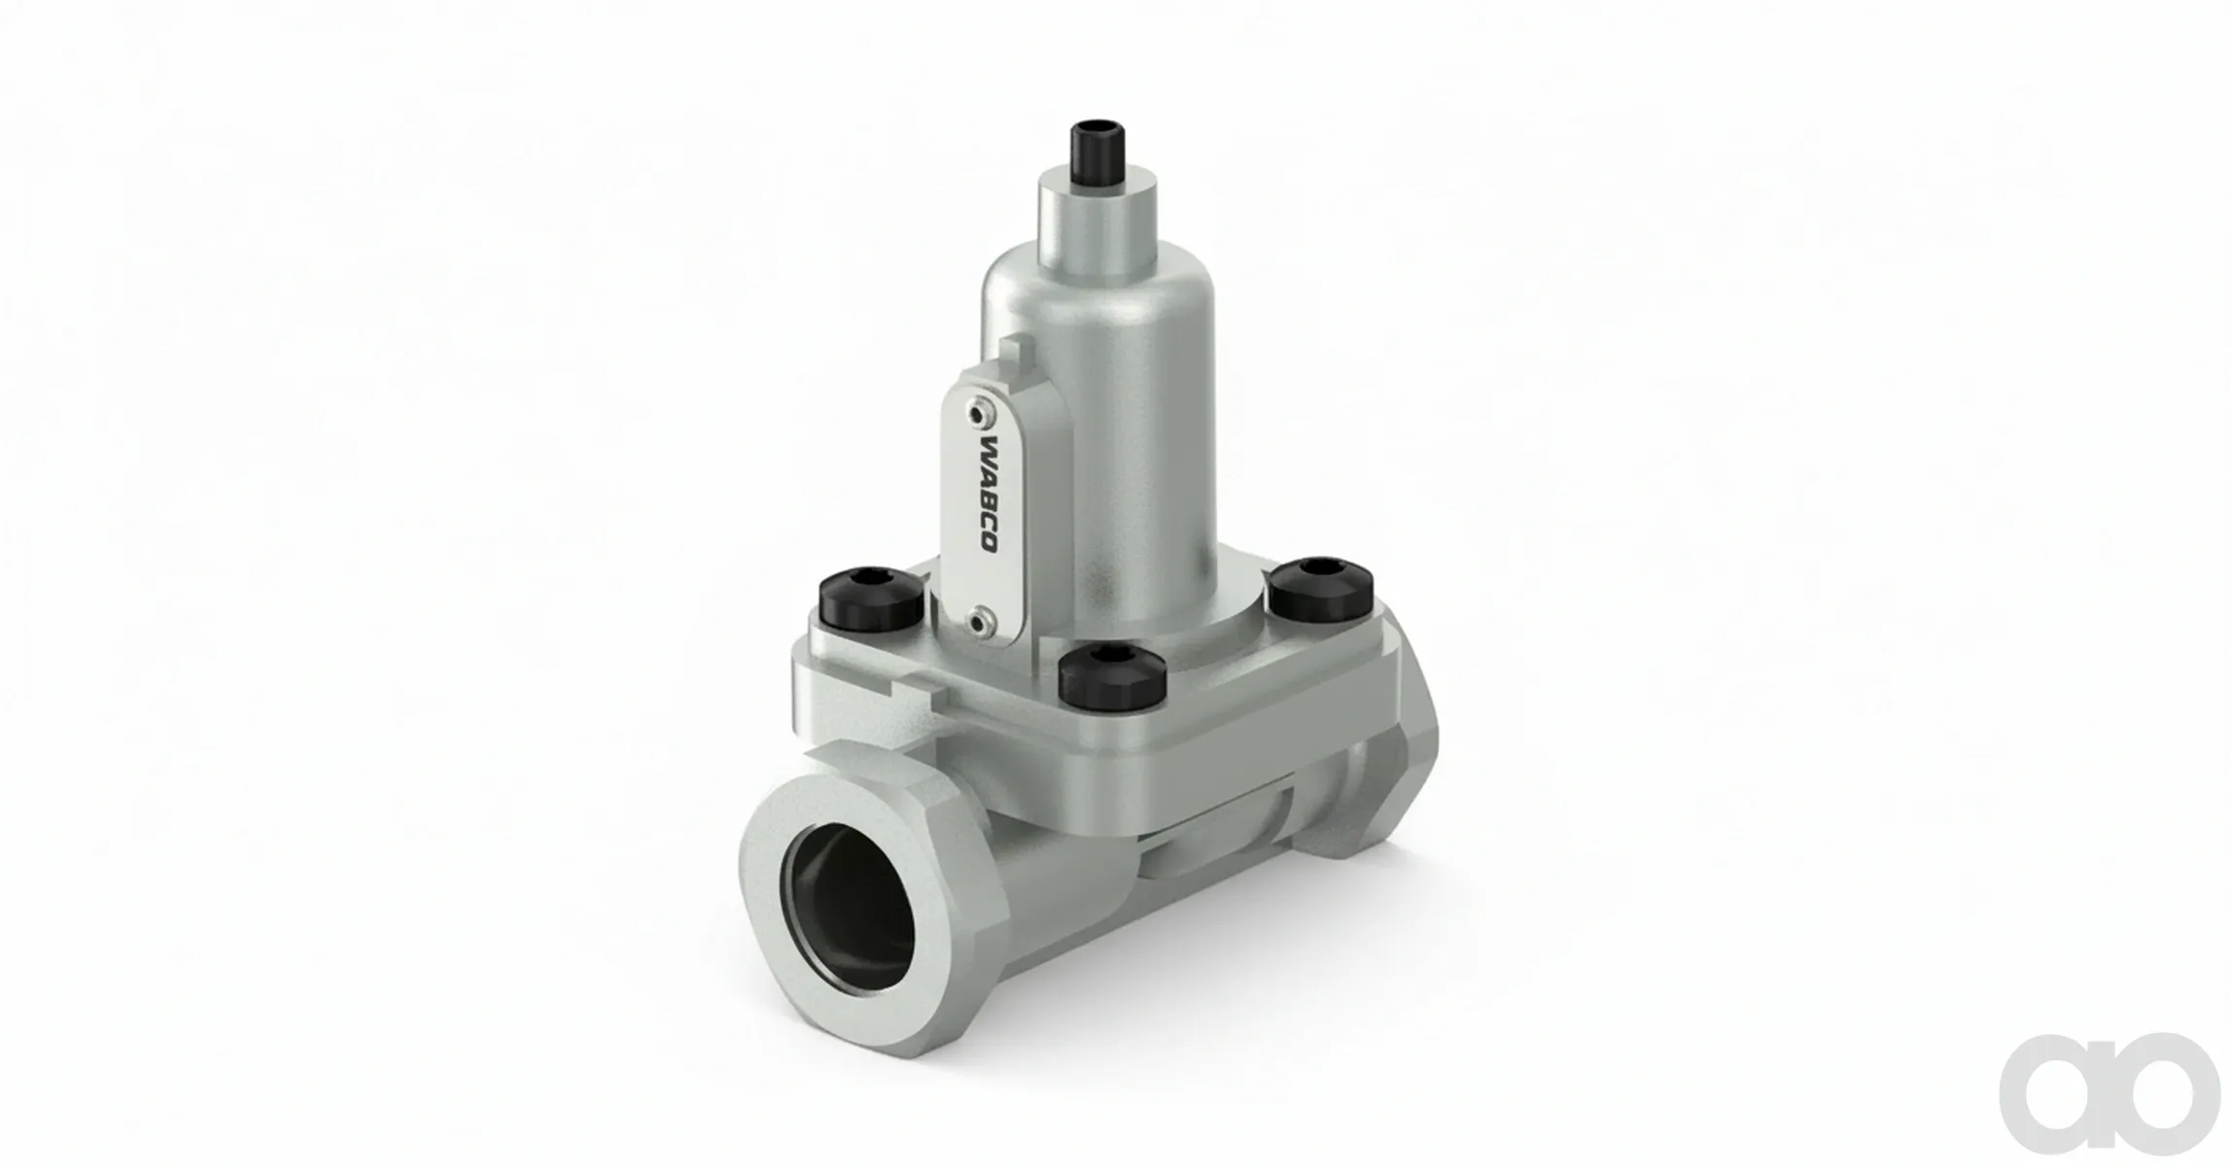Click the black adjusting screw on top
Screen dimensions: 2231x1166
(x=1092, y=149)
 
